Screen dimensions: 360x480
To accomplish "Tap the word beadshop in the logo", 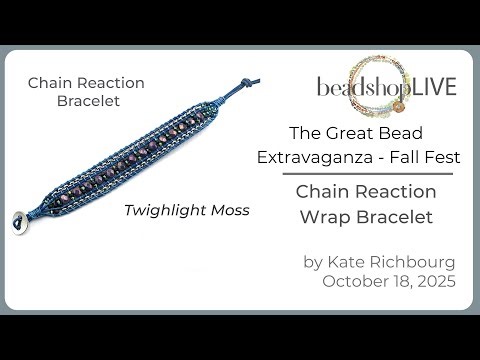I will [x=359, y=87].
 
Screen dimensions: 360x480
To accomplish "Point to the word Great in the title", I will [x=354, y=132].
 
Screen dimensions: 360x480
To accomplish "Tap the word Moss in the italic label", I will [x=228, y=211].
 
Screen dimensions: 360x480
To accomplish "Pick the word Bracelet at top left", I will [x=86, y=101].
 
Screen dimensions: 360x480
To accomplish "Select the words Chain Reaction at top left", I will [x=86, y=82].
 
